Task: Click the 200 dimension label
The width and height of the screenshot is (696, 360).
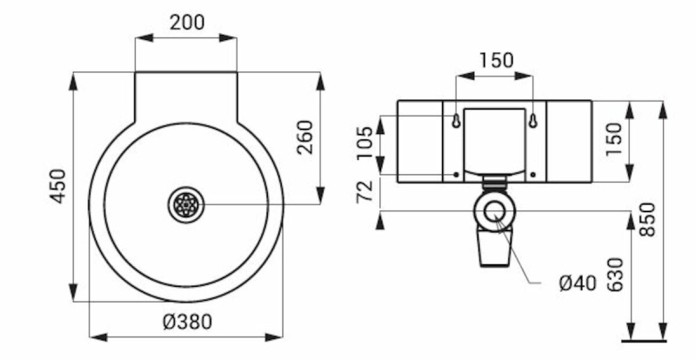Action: pos(187,23)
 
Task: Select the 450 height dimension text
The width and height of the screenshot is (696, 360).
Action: pos(57,186)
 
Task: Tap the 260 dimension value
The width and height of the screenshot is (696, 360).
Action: pos(305,137)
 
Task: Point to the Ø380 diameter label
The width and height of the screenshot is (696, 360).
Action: pos(187,322)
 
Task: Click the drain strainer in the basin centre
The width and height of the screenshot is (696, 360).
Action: pos(186,204)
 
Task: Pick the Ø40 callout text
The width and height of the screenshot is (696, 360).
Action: pos(578,283)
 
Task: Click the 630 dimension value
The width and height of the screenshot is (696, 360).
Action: pos(615,275)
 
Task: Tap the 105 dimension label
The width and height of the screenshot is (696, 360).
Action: pos(365,143)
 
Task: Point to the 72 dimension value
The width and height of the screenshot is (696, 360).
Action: pos(365,191)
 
